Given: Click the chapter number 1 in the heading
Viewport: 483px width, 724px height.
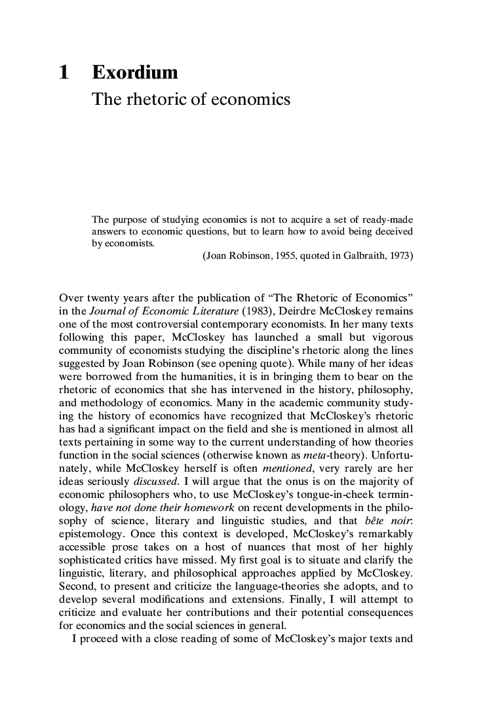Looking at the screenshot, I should point(64,73).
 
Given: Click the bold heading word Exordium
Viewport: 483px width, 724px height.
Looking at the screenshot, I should point(134,73).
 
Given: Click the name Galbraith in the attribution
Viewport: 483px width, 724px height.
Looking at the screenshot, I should point(367,256).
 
